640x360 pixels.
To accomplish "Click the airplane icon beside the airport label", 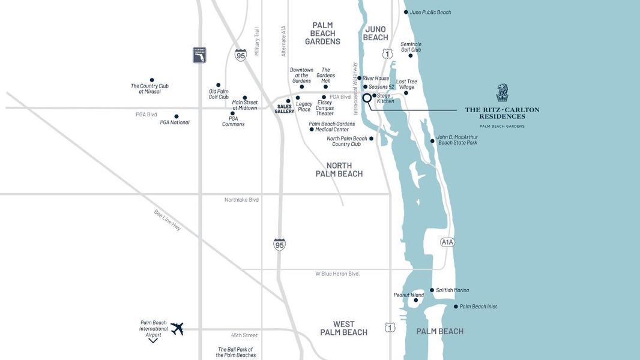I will [x=177, y=328].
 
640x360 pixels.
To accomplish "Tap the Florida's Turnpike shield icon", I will [x=199, y=55].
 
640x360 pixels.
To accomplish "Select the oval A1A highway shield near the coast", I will [x=447, y=242].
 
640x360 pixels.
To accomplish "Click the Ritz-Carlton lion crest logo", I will [x=502, y=93].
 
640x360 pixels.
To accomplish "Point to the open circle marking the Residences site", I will [x=367, y=97].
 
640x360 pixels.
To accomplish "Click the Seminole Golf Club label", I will [x=411, y=47].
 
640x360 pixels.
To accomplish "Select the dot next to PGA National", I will [x=177, y=116].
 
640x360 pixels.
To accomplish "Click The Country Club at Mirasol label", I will [x=149, y=89].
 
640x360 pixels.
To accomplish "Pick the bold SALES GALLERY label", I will [x=285, y=109].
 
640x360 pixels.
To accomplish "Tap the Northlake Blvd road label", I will [x=241, y=199].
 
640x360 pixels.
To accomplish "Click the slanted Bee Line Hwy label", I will [x=168, y=221].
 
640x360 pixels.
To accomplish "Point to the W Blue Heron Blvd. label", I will [x=337, y=274].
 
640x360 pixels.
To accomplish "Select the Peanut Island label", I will [x=408, y=295].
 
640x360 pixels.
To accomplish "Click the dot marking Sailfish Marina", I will [x=432, y=290].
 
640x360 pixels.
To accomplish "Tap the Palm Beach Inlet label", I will [x=478, y=307].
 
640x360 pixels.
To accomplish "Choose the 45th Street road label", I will [x=244, y=335].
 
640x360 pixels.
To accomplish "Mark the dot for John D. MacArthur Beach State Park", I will [x=432, y=141].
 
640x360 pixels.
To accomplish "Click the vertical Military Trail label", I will [x=257, y=41].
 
